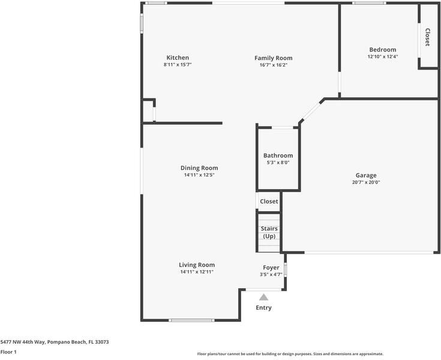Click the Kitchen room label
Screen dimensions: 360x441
click(178, 58)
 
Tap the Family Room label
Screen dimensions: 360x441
click(273, 58)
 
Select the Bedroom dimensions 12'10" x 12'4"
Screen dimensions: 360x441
click(382, 56)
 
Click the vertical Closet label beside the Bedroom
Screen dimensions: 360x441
click(427, 37)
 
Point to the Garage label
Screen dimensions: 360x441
click(365, 175)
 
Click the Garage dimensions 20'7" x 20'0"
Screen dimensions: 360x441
click(365, 182)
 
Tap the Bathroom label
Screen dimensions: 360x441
click(278, 155)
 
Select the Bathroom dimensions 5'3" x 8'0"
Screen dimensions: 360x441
click(278, 162)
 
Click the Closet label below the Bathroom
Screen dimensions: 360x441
click(269, 202)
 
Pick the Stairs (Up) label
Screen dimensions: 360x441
click(269, 232)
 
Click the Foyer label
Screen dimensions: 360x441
click(271, 268)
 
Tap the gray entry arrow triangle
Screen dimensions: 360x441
click(263, 296)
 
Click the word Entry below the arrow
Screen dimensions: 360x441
click(263, 308)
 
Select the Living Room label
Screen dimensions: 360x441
click(197, 265)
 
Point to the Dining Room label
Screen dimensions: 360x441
click(199, 168)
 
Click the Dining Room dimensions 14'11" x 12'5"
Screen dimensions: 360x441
click(199, 175)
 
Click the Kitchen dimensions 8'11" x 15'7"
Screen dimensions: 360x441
click(178, 64)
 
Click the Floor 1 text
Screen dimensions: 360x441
click(8, 352)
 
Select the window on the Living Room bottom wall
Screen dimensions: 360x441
click(191, 320)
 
